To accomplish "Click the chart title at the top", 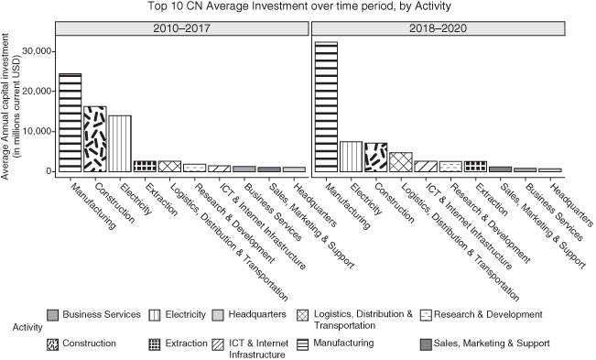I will [x=298, y=7].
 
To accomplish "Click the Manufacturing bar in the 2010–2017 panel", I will [x=70, y=123].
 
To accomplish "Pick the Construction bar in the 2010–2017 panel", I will [x=95, y=139].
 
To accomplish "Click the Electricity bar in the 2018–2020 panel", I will [x=351, y=157].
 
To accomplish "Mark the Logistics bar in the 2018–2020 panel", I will [x=400, y=162].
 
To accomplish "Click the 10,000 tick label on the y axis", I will [x=32, y=131].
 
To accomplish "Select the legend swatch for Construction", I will [x=53, y=344].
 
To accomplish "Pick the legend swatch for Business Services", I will [x=53, y=314].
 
